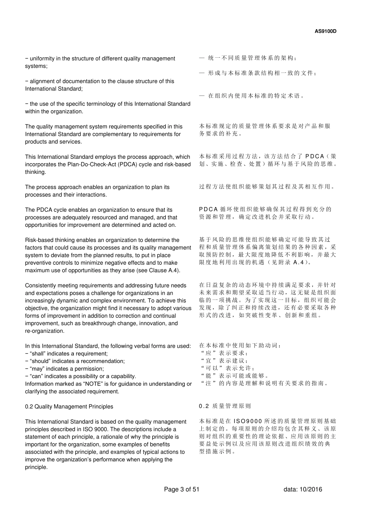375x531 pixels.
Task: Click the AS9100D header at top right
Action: coord(325,31)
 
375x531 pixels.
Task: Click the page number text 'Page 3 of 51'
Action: coord(182,490)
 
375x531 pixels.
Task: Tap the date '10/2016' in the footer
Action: coord(312,490)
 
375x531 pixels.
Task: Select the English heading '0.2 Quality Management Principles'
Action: coord(69,407)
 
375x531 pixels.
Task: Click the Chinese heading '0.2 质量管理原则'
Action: coord(225,406)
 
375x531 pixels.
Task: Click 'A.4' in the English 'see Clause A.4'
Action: coord(172,270)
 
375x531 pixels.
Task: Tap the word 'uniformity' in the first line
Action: coord(43,58)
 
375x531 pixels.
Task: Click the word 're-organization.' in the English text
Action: coord(44,331)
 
